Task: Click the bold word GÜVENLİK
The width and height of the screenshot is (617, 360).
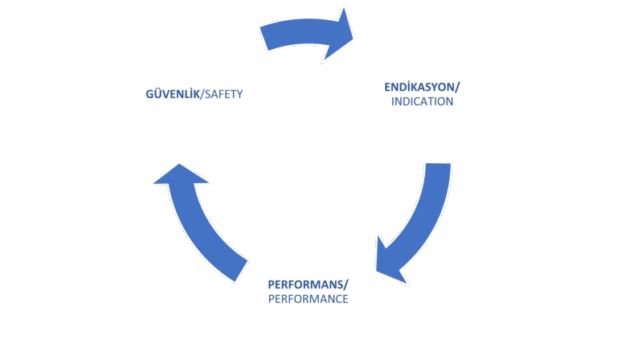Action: tap(173, 94)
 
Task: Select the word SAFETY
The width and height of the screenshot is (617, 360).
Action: tap(223, 95)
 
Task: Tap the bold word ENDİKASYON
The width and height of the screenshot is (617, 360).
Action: tap(420, 87)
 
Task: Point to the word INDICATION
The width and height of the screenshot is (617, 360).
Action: tap(422, 101)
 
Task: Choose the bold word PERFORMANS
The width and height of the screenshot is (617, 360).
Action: tap(306, 284)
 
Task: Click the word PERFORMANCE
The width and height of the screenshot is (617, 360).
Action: tap(308, 299)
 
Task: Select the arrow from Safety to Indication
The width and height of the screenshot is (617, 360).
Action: tap(307, 34)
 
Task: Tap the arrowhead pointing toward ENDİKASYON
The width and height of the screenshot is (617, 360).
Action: tap(339, 35)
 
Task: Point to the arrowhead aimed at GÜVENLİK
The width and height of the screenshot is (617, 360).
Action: tap(180, 175)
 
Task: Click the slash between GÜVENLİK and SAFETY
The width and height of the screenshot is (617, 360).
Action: tap(202, 95)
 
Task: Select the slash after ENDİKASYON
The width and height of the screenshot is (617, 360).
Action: tap(457, 87)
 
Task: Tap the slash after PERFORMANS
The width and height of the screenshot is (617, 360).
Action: tap(346, 284)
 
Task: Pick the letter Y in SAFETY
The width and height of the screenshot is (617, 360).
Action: tap(239, 95)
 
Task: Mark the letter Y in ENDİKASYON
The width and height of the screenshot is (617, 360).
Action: tap(435, 87)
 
